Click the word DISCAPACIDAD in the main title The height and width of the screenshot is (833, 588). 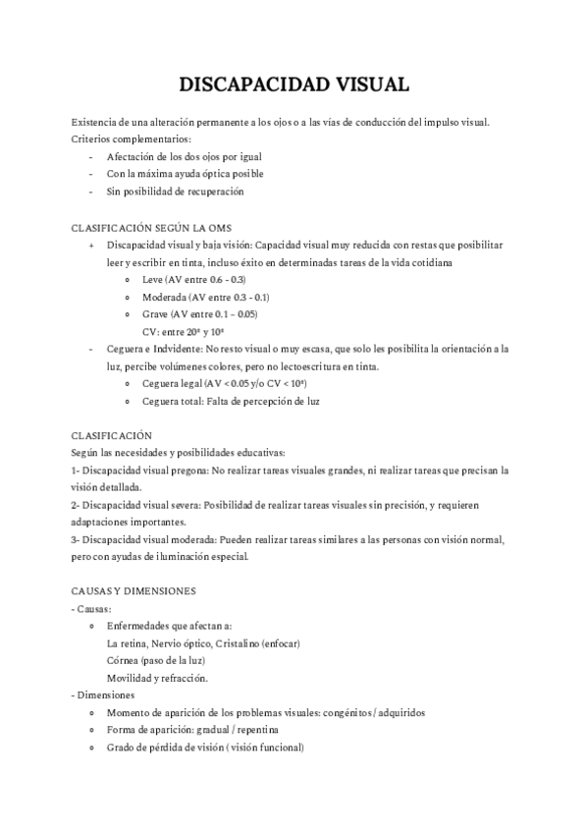(x=242, y=85)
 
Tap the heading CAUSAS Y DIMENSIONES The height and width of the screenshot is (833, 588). (x=134, y=591)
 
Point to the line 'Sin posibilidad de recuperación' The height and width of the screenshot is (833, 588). (x=175, y=192)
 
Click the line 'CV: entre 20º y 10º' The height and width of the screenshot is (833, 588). (x=183, y=332)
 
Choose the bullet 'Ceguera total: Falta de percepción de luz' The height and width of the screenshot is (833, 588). (x=231, y=402)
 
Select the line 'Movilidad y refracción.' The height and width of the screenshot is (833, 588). (x=157, y=678)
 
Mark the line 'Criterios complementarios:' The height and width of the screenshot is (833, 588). (x=132, y=139)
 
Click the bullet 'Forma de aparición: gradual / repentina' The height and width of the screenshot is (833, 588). (x=192, y=730)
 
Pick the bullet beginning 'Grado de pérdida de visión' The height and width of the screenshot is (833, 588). (x=205, y=748)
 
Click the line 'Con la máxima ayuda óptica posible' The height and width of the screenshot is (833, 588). (x=185, y=174)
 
